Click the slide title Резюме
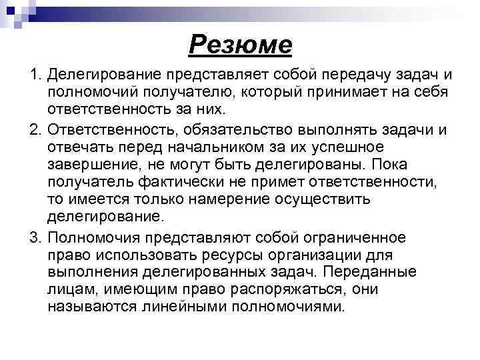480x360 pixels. coord(241,45)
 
